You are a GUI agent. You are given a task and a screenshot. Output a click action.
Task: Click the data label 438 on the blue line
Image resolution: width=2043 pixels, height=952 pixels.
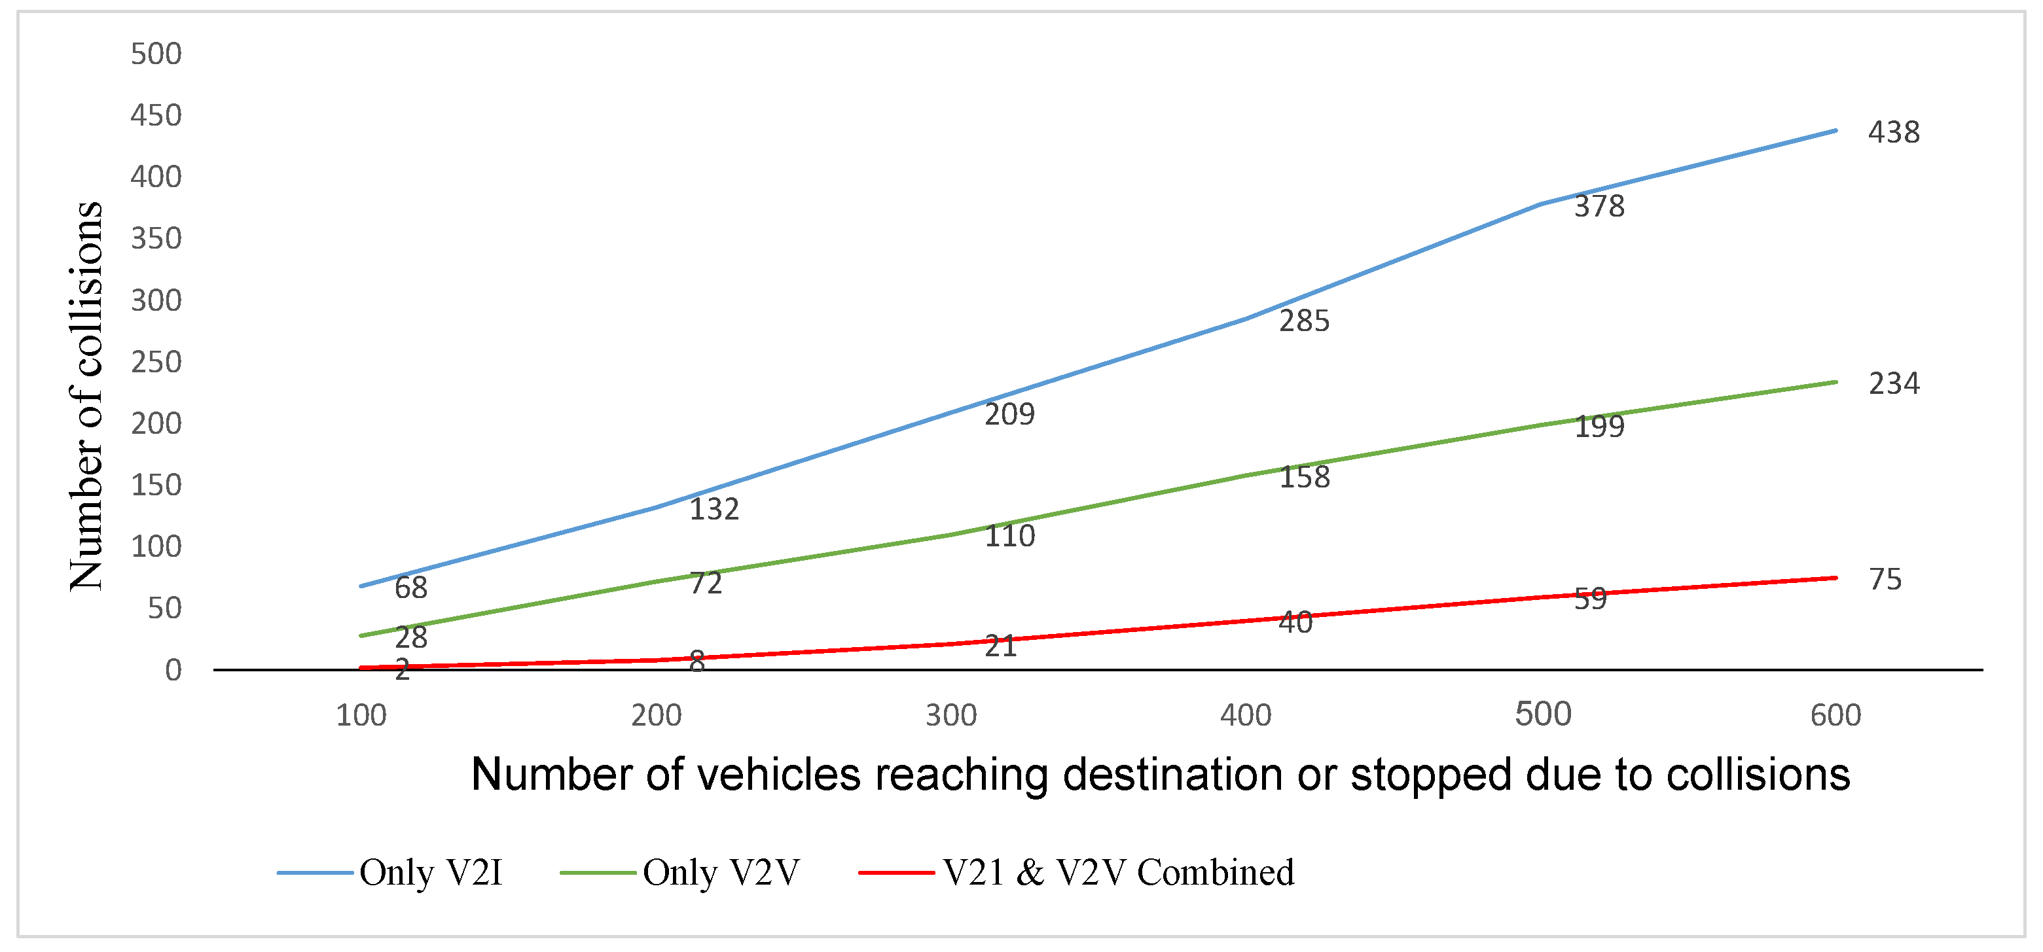(1893, 132)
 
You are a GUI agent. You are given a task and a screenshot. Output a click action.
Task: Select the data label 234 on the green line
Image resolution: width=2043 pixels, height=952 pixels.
(1893, 383)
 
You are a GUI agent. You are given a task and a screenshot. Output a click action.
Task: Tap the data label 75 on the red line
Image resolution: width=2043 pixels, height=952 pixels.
(1885, 580)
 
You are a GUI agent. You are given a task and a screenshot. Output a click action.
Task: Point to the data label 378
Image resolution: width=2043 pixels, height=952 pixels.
(1599, 206)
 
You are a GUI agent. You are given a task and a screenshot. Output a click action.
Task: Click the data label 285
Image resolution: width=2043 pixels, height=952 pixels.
(1304, 321)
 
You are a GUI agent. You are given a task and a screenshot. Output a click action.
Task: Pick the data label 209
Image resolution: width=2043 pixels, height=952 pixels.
(1009, 414)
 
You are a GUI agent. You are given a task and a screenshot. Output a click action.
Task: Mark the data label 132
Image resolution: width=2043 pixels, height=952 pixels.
(714, 509)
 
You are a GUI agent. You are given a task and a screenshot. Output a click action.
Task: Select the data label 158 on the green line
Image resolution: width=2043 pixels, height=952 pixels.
(1304, 477)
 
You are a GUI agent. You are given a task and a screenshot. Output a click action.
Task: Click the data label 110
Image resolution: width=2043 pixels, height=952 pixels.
(1009, 537)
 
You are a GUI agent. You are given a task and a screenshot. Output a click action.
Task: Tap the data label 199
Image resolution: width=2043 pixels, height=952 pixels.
(1599, 427)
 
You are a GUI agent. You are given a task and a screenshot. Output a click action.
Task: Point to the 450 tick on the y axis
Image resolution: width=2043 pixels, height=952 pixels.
(156, 116)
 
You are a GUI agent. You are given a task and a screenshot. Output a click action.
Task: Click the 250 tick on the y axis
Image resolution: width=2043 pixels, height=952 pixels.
(156, 362)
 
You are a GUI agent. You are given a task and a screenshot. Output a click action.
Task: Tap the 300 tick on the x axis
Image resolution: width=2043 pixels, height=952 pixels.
(951, 716)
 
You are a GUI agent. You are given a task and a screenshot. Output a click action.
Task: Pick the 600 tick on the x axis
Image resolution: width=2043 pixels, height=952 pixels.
(1835, 716)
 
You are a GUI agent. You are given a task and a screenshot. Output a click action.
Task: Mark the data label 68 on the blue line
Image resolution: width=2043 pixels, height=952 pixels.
(411, 588)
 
